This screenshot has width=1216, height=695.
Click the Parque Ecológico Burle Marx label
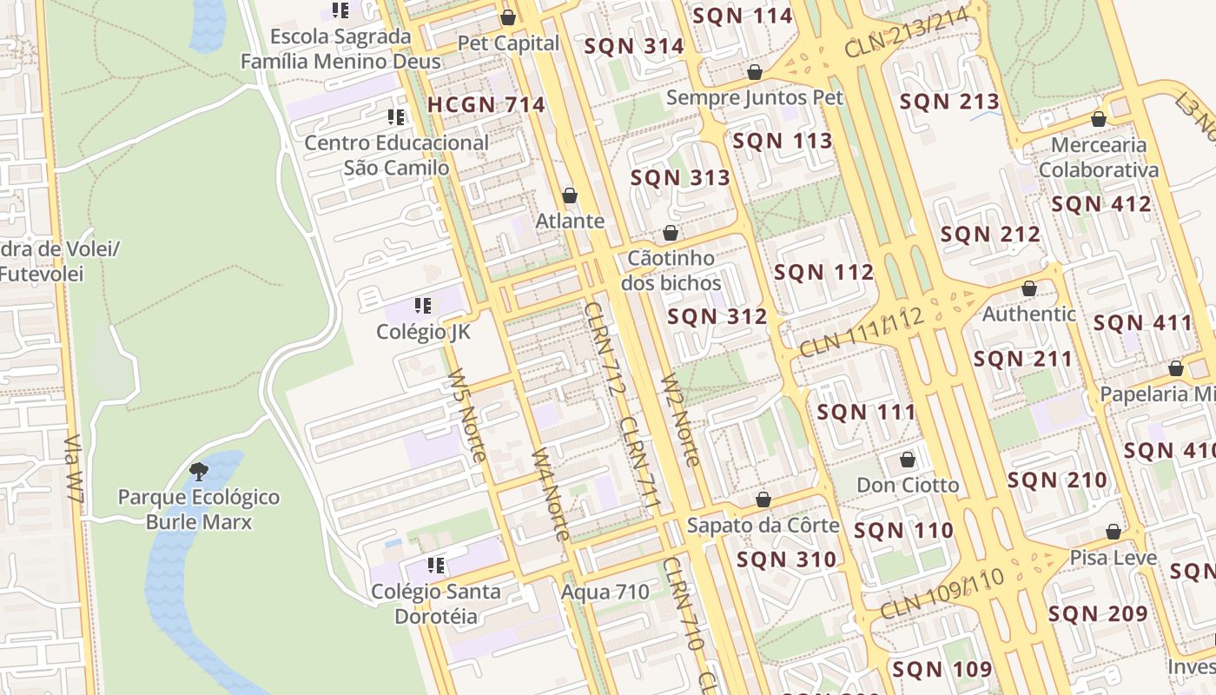click(x=199, y=510)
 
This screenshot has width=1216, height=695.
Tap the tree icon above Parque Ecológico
click(x=199, y=472)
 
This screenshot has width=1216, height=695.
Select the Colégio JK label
click(x=423, y=331)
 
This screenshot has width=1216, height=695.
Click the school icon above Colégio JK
click(x=423, y=305)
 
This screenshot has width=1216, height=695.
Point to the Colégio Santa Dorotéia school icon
click(x=436, y=566)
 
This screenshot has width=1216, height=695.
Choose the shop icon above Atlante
click(x=570, y=195)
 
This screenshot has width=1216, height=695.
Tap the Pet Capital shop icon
click(x=508, y=17)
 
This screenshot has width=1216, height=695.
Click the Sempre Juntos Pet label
click(x=754, y=96)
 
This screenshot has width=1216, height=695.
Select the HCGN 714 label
click(x=486, y=105)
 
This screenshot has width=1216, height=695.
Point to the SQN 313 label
click(x=680, y=178)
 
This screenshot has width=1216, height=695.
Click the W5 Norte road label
click(x=466, y=415)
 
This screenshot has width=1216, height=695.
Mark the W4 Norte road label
click(x=551, y=493)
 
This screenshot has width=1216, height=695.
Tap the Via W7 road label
click(x=75, y=469)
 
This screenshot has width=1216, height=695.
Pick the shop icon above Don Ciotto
click(x=908, y=459)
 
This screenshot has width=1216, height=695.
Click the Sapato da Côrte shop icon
click(x=763, y=500)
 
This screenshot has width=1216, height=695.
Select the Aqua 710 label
click(x=605, y=592)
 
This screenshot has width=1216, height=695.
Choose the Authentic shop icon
click(x=1029, y=288)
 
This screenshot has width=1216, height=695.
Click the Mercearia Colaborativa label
click(x=1099, y=157)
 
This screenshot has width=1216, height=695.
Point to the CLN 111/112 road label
click(x=860, y=333)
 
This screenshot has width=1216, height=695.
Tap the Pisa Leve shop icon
click(x=1114, y=532)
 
